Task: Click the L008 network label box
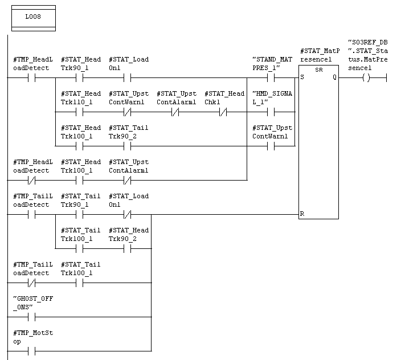point(33,18)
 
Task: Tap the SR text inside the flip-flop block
point(318,69)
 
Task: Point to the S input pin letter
point(301,77)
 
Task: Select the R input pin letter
point(301,214)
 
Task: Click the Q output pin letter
point(334,77)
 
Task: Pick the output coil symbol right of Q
point(366,77)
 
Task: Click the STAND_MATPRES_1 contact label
point(272,63)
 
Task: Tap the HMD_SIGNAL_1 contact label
point(272,97)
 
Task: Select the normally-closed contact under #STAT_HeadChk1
point(224,112)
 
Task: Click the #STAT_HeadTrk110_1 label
point(81,97)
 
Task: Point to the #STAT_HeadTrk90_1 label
point(81,63)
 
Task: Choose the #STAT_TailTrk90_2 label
point(129,132)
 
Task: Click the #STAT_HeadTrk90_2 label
point(129,234)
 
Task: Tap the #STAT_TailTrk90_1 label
point(81,200)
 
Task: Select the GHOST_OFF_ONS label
point(33,302)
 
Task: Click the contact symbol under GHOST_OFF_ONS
point(31,317)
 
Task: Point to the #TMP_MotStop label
point(33,337)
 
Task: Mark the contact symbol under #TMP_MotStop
point(31,351)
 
